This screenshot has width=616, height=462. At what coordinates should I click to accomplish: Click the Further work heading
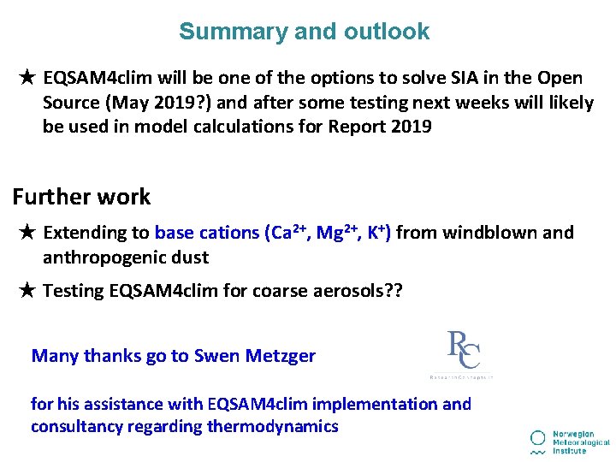(81, 197)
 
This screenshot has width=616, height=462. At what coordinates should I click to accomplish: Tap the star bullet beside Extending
(27, 233)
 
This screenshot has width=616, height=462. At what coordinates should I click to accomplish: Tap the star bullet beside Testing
(27, 291)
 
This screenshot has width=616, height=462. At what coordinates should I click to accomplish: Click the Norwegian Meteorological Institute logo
(569, 440)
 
